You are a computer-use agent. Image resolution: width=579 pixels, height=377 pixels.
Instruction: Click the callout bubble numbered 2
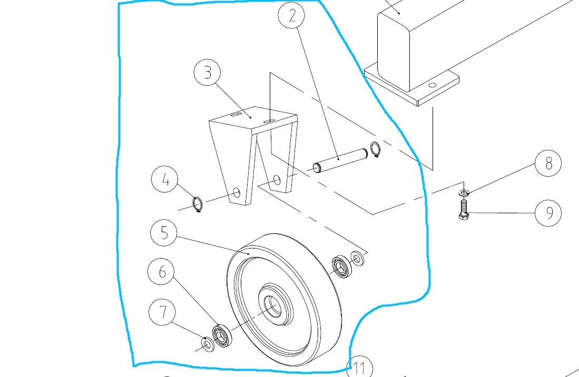tap(293, 16)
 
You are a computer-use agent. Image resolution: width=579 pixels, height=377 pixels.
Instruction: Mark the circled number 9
tap(548, 213)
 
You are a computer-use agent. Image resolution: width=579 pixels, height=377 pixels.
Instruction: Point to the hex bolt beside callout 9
tap(464, 211)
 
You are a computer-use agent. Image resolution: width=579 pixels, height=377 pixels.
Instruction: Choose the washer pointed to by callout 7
tap(208, 344)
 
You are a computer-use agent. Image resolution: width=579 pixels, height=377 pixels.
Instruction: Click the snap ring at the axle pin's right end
tap(375, 150)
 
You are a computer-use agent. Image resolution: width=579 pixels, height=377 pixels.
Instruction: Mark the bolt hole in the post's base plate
tap(433, 85)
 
